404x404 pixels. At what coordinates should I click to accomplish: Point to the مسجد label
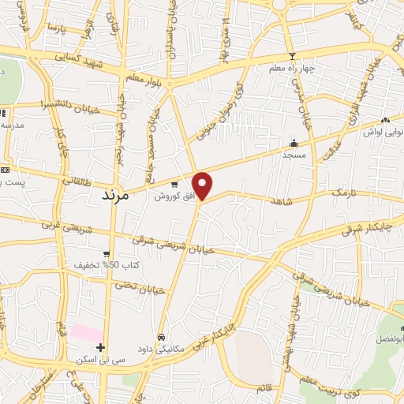[x=293, y=155]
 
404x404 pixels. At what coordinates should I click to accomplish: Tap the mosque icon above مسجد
[x=294, y=143]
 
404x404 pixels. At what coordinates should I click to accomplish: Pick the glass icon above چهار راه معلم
[x=294, y=56]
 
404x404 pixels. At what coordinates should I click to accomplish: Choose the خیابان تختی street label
[x=143, y=290]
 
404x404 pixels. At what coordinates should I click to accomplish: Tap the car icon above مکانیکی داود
[x=161, y=336]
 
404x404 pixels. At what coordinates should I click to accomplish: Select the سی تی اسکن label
[x=95, y=359]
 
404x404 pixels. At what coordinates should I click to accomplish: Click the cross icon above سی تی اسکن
[x=100, y=347]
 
